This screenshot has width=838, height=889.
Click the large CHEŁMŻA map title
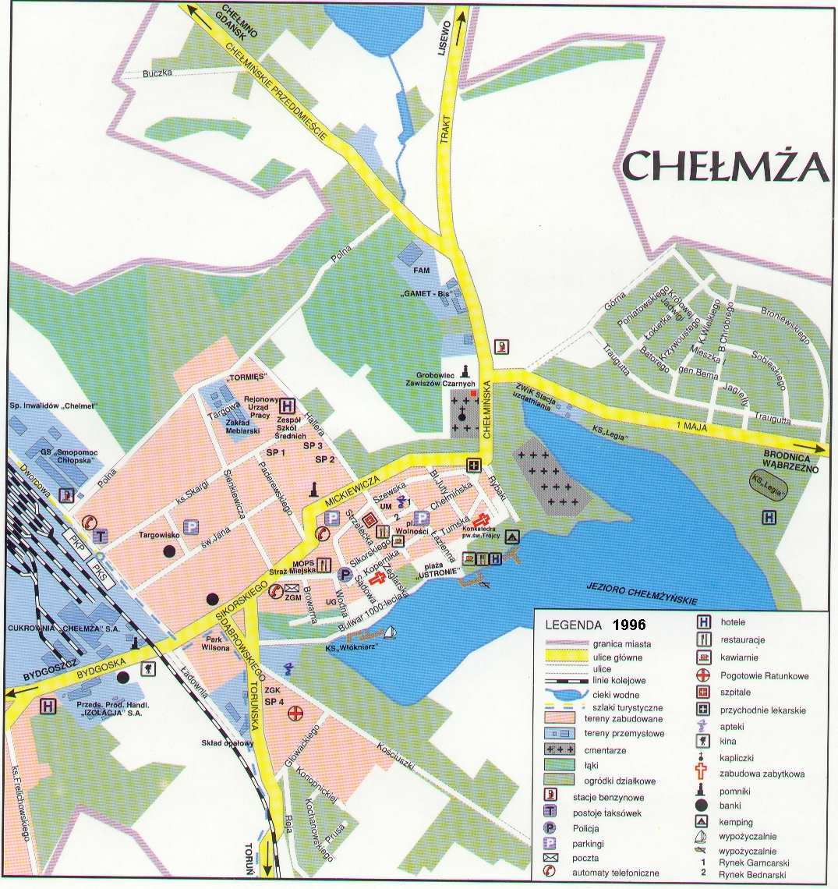click(x=724, y=165)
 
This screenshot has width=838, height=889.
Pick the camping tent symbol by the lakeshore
click(x=512, y=537)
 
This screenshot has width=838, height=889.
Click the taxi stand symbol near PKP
click(x=101, y=536)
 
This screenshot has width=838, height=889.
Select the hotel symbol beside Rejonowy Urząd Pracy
click(x=288, y=406)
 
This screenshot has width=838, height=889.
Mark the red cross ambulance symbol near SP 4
click(x=295, y=712)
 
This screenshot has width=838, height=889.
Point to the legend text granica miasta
click(x=621, y=644)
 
